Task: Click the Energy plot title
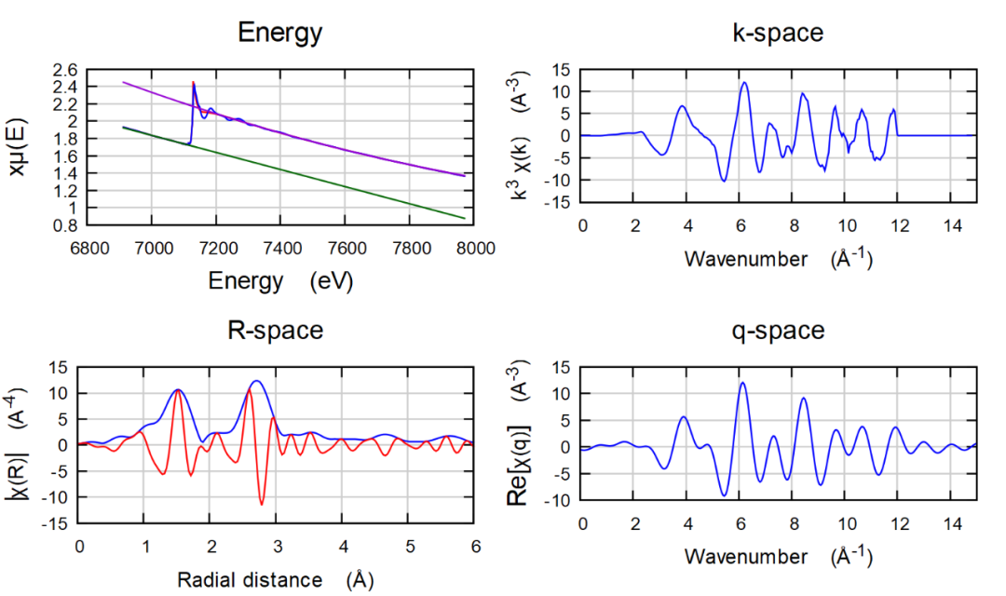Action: [279, 34]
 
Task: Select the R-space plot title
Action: [276, 331]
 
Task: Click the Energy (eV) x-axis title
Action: [279, 280]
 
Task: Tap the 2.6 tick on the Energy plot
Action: [65, 70]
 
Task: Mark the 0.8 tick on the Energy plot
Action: [65, 224]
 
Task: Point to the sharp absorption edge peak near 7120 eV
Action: [193, 83]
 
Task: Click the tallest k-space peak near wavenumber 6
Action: [744, 82]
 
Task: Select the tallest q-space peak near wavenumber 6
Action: [742, 383]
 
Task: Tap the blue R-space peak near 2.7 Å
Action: [257, 381]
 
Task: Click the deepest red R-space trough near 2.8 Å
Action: [262, 505]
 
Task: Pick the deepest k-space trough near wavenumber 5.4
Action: [724, 180]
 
